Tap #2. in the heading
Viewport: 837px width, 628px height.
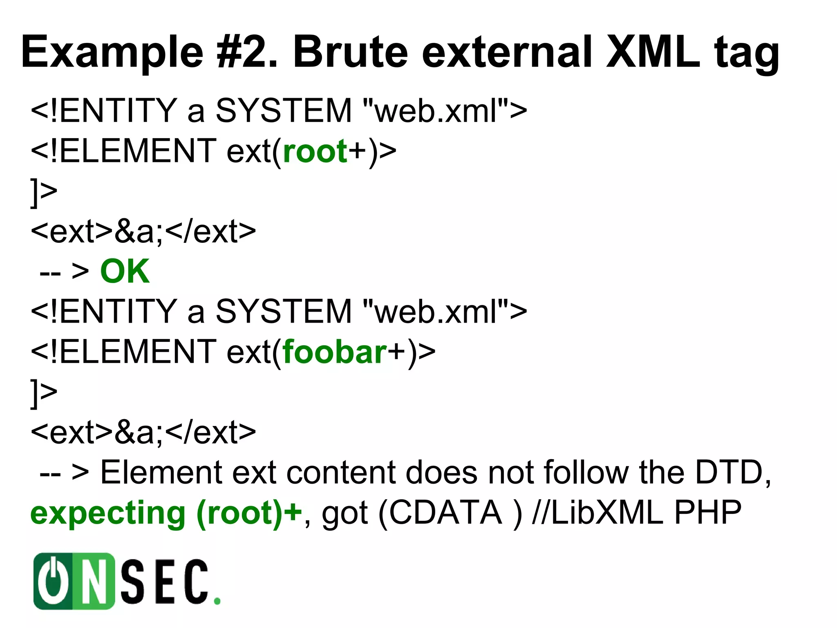click(x=247, y=52)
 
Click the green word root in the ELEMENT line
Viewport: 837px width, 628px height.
click(x=315, y=151)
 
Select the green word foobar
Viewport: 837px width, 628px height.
click(x=334, y=352)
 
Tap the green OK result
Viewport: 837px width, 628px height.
click(x=125, y=271)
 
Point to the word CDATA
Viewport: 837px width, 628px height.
click(x=445, y=513)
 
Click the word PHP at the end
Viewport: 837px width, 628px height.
click(x=708, y=513)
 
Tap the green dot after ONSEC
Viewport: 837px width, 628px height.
click(x=217, y=601)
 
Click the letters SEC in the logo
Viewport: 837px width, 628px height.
click(x=166, y=581)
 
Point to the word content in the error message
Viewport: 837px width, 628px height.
click(x=341, y=473)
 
